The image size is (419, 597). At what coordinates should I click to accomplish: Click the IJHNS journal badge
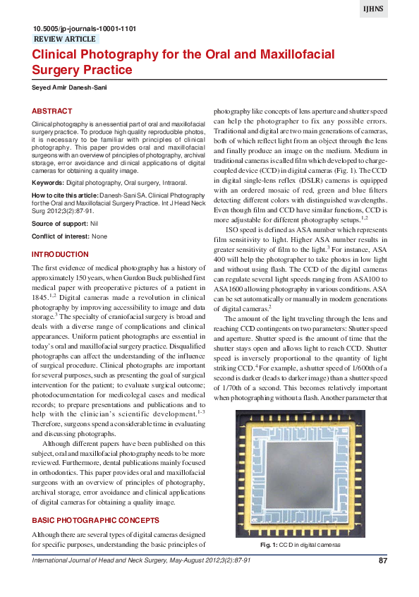[x=393, y=9]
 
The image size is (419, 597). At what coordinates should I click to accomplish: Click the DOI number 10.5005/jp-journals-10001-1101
[x=84, y=29]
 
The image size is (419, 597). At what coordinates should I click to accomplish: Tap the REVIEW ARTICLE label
[x=65, y=40]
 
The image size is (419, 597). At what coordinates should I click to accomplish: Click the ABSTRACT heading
[x=52, y=111]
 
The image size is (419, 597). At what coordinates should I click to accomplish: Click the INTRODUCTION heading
[x=61, y=254]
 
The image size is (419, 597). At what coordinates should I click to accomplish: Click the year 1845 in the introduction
[x=42, y=298]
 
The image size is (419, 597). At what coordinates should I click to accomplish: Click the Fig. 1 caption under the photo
[x=300, y=545]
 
